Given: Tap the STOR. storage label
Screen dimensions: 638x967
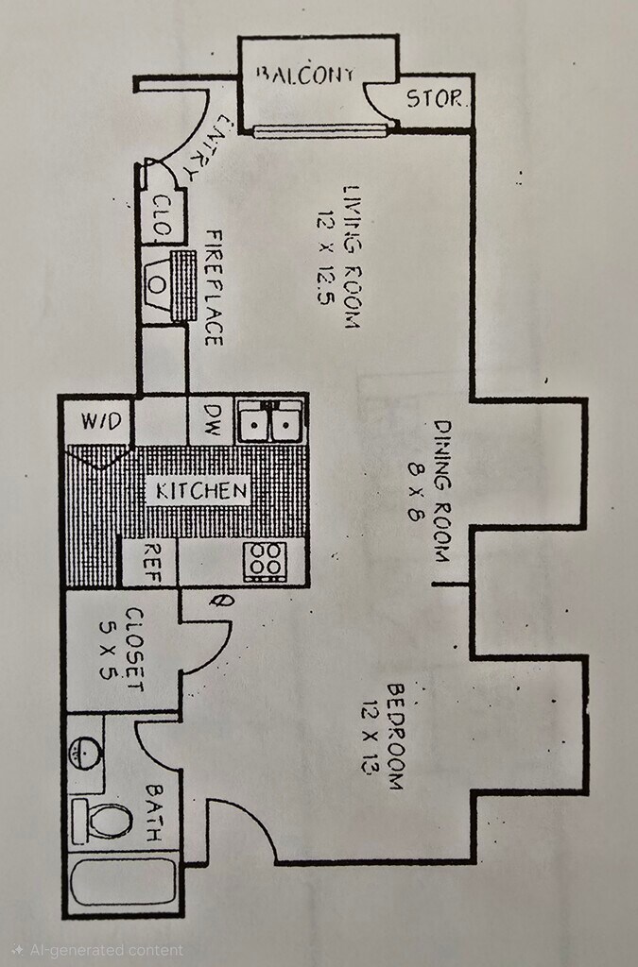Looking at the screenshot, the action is (x=435, y=97).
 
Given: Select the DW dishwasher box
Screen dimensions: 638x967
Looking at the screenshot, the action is (x=211, y=421).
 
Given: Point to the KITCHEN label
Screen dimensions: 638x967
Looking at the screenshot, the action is (x=201, y=490).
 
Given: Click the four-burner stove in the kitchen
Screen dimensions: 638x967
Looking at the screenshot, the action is (x=265, y=563).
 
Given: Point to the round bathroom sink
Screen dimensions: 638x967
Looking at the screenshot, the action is (x=87, y=754).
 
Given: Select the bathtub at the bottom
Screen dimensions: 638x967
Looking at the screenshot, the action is (x=123, y=882).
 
